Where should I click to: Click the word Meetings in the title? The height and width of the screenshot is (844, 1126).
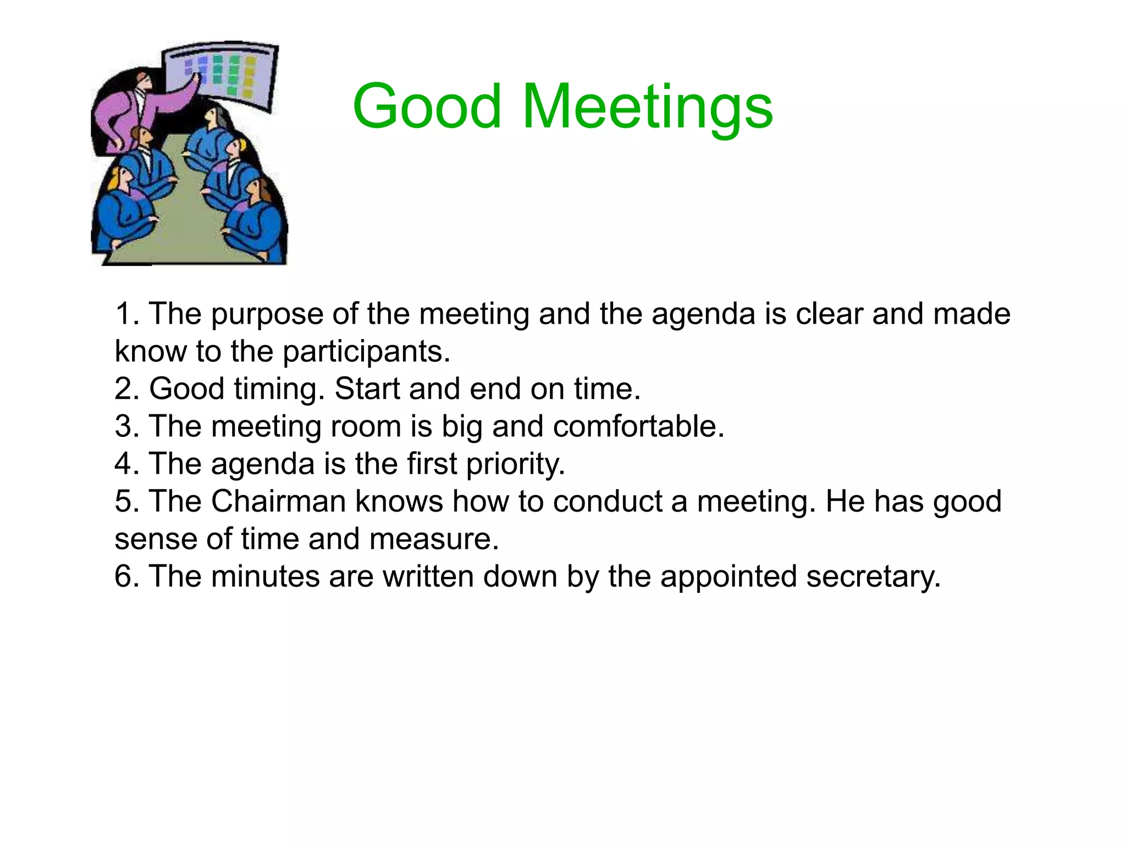click(x=647, y=108)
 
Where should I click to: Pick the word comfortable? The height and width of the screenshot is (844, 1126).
click(x=638, y=426)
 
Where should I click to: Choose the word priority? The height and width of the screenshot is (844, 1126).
click(x=515, y=464)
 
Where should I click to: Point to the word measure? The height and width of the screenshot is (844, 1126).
click(x=434, y=538)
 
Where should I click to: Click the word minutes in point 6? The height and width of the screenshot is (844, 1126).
click(x=265, y=576)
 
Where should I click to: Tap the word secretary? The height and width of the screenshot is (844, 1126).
click(x=874, y=577)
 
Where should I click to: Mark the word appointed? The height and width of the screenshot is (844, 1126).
click(x=728, y=577)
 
